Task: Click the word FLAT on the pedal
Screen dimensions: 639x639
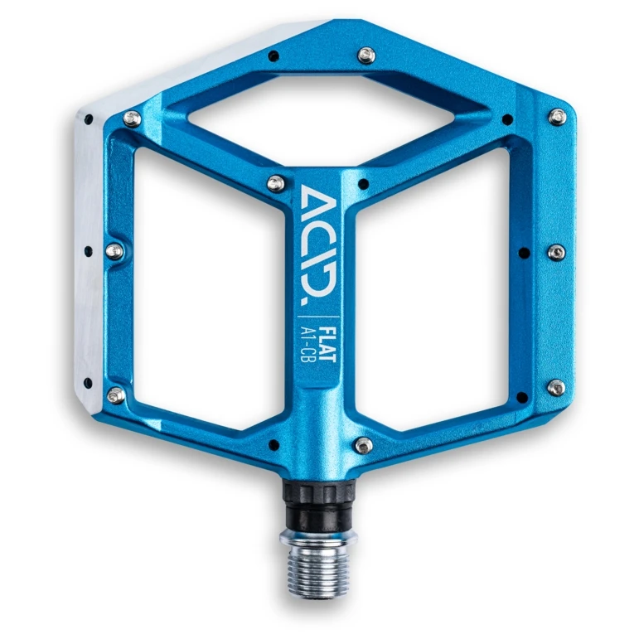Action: pos(327,344)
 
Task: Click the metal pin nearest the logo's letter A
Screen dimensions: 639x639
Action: pos(276,183)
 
